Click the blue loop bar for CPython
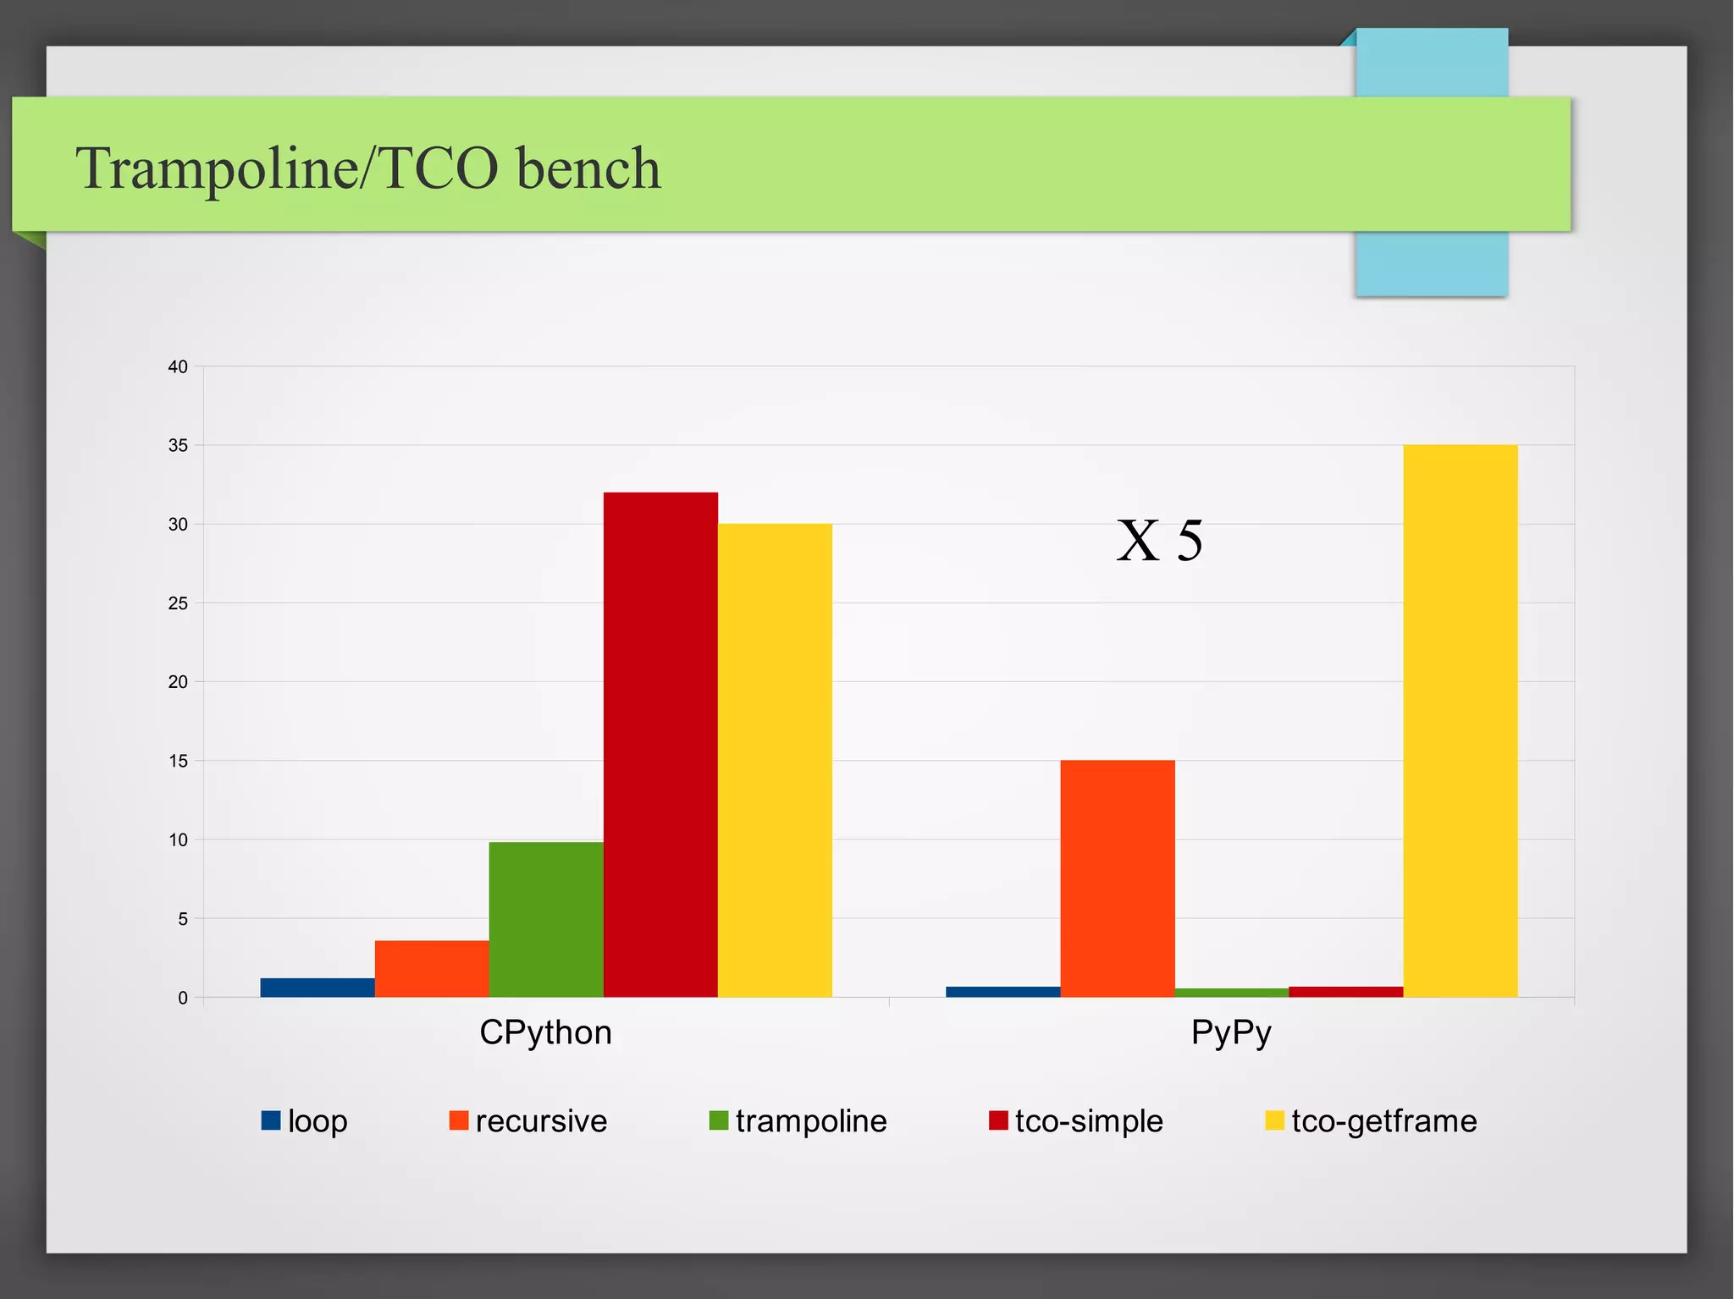(318, 988)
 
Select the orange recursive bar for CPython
(432, 969)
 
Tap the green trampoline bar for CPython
(546, 920)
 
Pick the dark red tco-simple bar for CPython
(660, 745)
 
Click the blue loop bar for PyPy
(1003, 992)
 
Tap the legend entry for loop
(306, 1121)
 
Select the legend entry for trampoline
(798, 1121)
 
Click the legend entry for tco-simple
(1076, 1121)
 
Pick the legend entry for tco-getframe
(1371, 1121)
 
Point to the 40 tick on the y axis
(178, 367)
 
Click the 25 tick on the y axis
(178, 603)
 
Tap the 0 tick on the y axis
(183, 998)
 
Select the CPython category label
(545, 1033)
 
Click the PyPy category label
(1231, 1033)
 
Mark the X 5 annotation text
(1160, 541)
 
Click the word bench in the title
(588, 168)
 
